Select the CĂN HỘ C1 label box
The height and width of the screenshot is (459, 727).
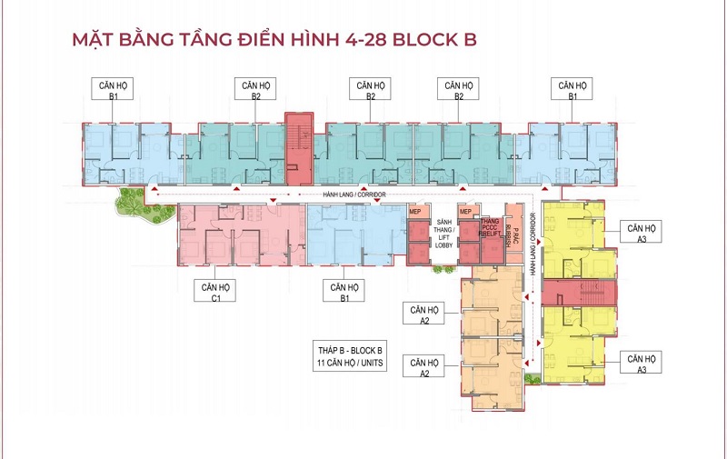click(x=222, y=290)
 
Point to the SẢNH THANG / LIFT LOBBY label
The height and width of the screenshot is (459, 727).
click(x=444, y=234)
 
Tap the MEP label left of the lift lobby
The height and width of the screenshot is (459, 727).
click(x=417, y=213)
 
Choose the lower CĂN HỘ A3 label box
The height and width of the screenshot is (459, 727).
click(x=641, y=364)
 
